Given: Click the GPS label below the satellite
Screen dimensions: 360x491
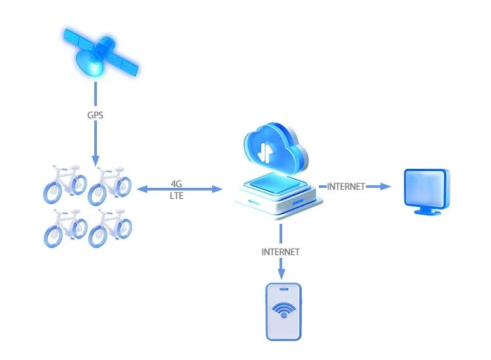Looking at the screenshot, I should [x=96, y=115].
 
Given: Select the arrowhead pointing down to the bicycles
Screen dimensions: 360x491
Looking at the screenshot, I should [x=96, y=160].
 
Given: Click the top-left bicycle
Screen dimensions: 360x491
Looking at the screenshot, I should [x=65, y=183].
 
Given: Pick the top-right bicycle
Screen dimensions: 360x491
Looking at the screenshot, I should [x=110, y=183].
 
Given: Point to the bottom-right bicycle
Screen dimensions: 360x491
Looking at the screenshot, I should [x=110, y=227].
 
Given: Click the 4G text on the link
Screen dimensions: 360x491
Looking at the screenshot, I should [x=177, y=184].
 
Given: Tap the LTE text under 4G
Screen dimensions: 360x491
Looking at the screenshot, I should [x=177, y=196].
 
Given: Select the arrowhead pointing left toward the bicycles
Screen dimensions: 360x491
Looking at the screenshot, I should [x=140, y=190].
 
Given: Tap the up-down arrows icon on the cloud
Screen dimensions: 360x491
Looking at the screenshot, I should [x=265, y=151].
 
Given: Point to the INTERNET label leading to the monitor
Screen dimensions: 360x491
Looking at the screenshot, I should [x=346, y=187].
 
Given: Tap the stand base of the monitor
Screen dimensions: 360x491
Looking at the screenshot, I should [x=428, y=213].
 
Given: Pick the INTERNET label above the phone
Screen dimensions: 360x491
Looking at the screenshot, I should [x=280, y=252].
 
